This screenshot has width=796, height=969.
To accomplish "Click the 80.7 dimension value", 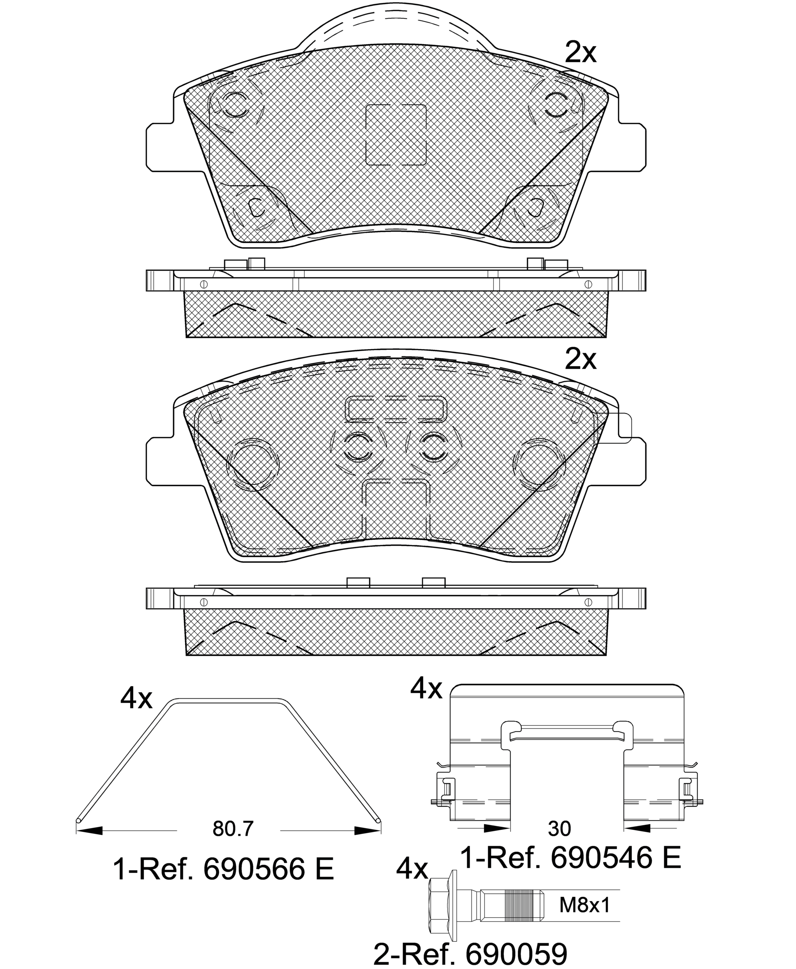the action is click(233, 828).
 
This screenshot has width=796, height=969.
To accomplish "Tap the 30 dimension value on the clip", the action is click(559, 828).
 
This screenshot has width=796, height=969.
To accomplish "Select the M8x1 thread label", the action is click(585, 905).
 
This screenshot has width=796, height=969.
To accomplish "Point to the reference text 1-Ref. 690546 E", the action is click(571, 858).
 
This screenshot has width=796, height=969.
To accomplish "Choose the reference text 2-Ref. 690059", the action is click(471, 951).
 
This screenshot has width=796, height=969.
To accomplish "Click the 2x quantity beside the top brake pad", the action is click(581, 53).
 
